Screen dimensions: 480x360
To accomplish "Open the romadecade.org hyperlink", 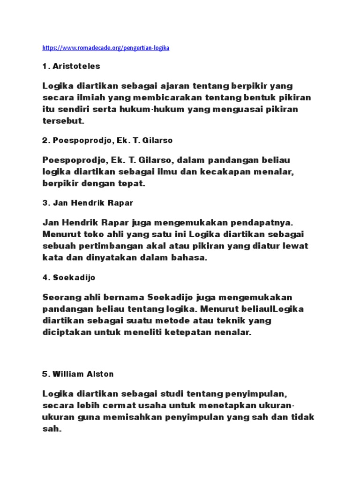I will (105, 48).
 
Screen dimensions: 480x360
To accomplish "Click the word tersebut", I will (63, 120).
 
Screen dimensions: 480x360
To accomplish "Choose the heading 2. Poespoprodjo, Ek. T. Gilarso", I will (108, 140).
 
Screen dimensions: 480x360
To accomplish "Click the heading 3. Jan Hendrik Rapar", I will (88, 203).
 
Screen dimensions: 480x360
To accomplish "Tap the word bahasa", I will (189, 258).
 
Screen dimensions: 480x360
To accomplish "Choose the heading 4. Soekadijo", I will (69, 277).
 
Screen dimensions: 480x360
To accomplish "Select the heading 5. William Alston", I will (78, 374).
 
